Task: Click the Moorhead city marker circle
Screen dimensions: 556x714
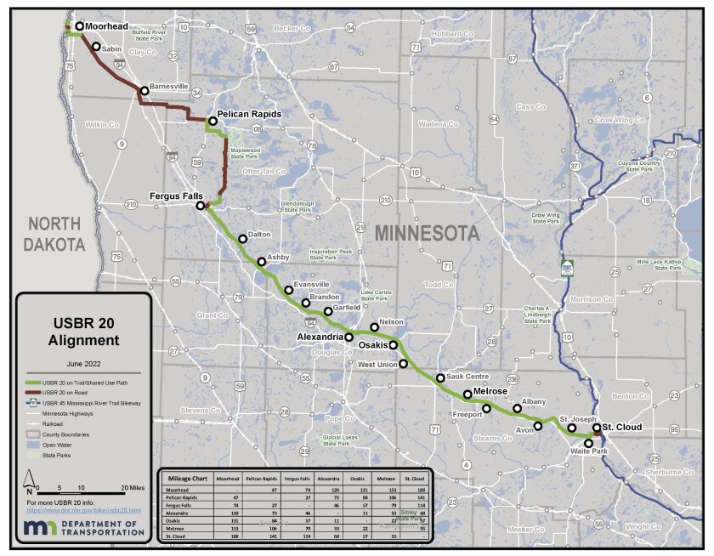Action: [80, 26]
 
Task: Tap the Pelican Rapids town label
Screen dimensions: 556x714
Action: [248, 113]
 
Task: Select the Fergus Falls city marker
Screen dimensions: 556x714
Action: [201, 206]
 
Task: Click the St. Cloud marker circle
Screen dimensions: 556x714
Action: [597, 428]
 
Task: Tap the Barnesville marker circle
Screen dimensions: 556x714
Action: [144, 90]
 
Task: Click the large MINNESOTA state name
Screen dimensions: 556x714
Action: [427, 233]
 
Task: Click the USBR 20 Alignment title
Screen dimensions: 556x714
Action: [83, 331]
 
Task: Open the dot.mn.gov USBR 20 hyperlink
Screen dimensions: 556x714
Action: [83, 510]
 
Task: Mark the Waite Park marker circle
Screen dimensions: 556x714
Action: [588, 443]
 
